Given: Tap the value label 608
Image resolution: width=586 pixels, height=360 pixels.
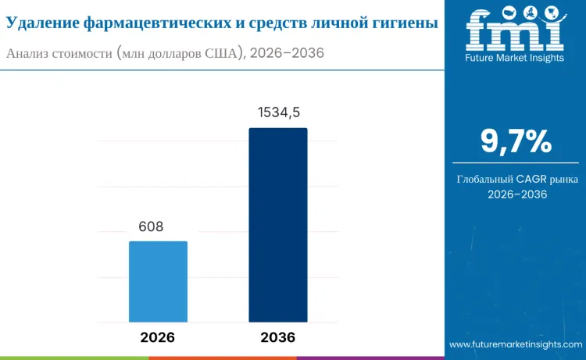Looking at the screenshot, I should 151,227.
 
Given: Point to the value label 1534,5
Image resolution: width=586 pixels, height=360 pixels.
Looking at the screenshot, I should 279,113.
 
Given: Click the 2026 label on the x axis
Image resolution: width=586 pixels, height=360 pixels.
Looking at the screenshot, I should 158,337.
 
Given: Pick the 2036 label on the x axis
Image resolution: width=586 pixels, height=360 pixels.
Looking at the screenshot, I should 277,337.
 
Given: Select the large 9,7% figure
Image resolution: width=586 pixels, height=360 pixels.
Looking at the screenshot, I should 516,141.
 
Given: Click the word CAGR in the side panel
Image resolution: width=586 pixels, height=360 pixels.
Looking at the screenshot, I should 533,179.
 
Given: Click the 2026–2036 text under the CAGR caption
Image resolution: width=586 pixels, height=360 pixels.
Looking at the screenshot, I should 516,194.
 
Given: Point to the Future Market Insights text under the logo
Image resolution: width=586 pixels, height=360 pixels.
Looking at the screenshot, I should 515,57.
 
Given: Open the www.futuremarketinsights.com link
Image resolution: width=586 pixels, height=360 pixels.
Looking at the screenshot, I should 515,344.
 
